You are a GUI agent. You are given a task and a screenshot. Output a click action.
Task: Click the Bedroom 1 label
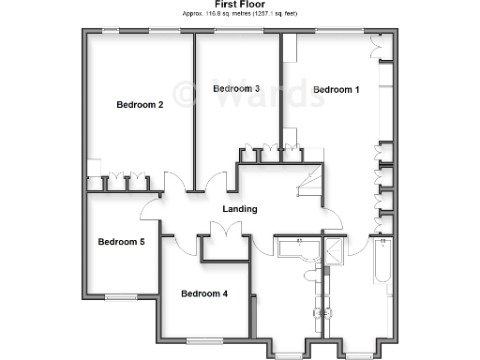click(x=336, y=90)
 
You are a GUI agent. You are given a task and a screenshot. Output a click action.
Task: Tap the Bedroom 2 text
click(x=141, y=105)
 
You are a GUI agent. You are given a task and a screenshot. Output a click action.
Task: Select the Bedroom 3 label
click(x=236, y=89)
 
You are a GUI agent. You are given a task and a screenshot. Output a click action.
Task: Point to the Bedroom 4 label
click(x=204, y=293)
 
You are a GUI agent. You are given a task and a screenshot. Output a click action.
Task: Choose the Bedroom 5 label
click(x=122, y=242)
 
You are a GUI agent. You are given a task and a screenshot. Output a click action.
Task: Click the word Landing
click(x=240, y=209)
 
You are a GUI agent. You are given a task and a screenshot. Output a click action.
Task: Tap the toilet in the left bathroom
click(x=311, y=273)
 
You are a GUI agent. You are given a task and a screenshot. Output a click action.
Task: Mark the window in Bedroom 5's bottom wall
click(x=122, y=296)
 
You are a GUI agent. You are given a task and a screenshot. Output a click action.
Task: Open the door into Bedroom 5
click(x=150, y=208)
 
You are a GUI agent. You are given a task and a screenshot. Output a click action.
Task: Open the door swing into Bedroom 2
click(x=174, y=182)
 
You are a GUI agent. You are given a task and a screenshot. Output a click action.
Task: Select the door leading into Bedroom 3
click(x=218, y=182)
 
